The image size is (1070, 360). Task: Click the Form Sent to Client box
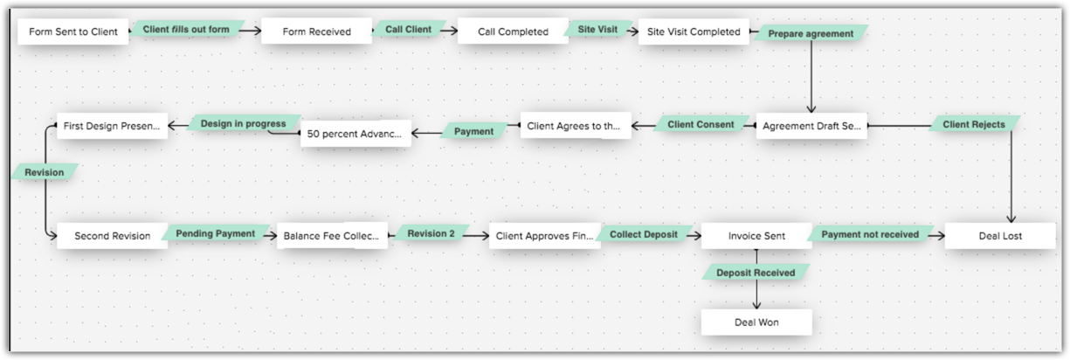(x=73, y=32)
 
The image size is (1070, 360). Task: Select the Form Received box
(x=316, y=32)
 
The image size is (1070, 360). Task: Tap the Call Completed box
(x=513, y=32)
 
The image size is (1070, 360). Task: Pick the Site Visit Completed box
(x=694, y=32)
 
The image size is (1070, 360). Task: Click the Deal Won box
(x=756, y=322)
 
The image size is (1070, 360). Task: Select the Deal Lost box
(x=1000, y=236)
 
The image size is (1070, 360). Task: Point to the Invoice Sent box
(x=756, y=236)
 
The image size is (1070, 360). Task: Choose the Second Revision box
(x=112, y=236)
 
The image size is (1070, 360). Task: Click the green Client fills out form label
(x=186, y=30)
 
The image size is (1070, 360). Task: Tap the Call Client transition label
(x=408, y=30)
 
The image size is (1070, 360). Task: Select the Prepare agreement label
(x=811, y=34)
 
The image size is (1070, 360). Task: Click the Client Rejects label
(x=974, y=125)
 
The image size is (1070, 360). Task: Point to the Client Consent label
(x=701, y=125)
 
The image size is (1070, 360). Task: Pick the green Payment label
(x=473, y=132)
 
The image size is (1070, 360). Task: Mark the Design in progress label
(x=243, y=124)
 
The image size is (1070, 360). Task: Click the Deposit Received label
(x=756, y=273)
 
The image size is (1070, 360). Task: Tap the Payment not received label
(x=870, y=234)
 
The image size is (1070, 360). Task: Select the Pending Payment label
(x=216, y=233)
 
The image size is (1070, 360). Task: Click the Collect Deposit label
(x=644, y=234)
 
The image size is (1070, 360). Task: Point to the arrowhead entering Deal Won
(x=756, y=305)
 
